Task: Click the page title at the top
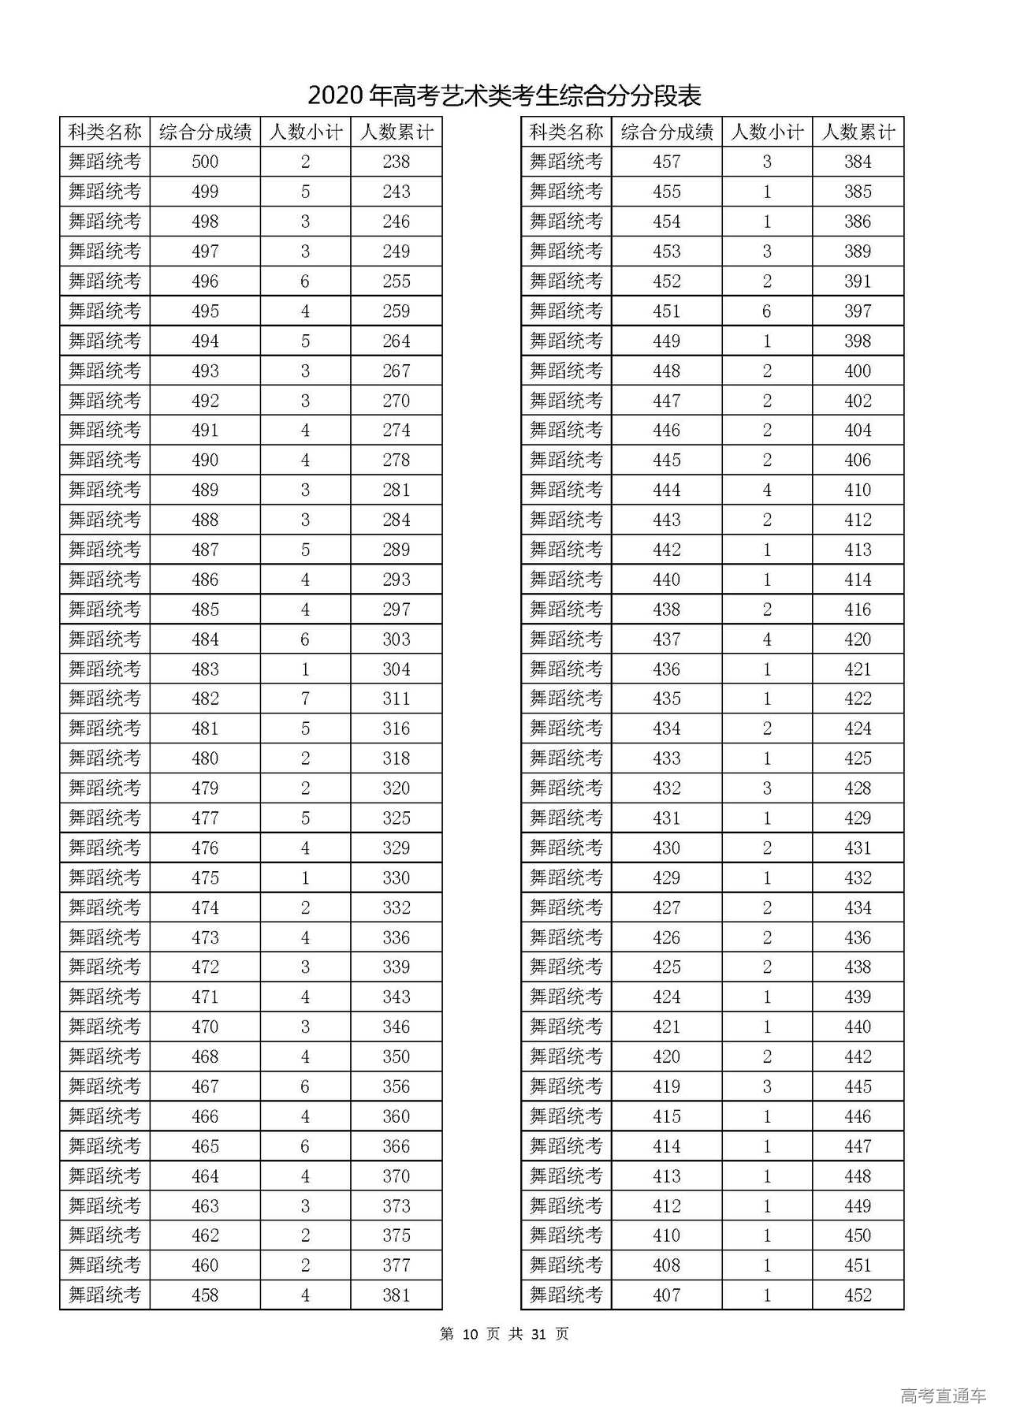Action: (x=504, y=96)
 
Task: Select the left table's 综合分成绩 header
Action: (x=205, y=132)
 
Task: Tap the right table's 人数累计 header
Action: (x=858, y=132)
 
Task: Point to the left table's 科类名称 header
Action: (x=105, y=132)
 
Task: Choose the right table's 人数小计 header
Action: (x=767, y=132)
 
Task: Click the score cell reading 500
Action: (x=205, y=162)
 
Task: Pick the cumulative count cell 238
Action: (x=396, y=162)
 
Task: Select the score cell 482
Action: (x=205, y=699)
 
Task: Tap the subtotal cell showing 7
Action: (x=305, y=699)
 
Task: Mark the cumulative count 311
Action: (x=396, y=699)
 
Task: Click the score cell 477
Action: (x=205, y=818)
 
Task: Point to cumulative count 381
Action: (x=396, y=1295)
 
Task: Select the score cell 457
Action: (x=666, y=162)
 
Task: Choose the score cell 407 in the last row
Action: (x=666, y=1295)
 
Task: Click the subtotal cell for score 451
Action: (x=767, y=311)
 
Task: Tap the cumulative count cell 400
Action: (x=858, y=371)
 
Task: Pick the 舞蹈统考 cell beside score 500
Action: (x=105, y=162)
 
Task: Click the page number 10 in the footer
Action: (x=471, y=1334)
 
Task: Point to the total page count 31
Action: (x=539, y=1334)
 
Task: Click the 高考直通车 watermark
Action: (x=943, y=1396)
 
